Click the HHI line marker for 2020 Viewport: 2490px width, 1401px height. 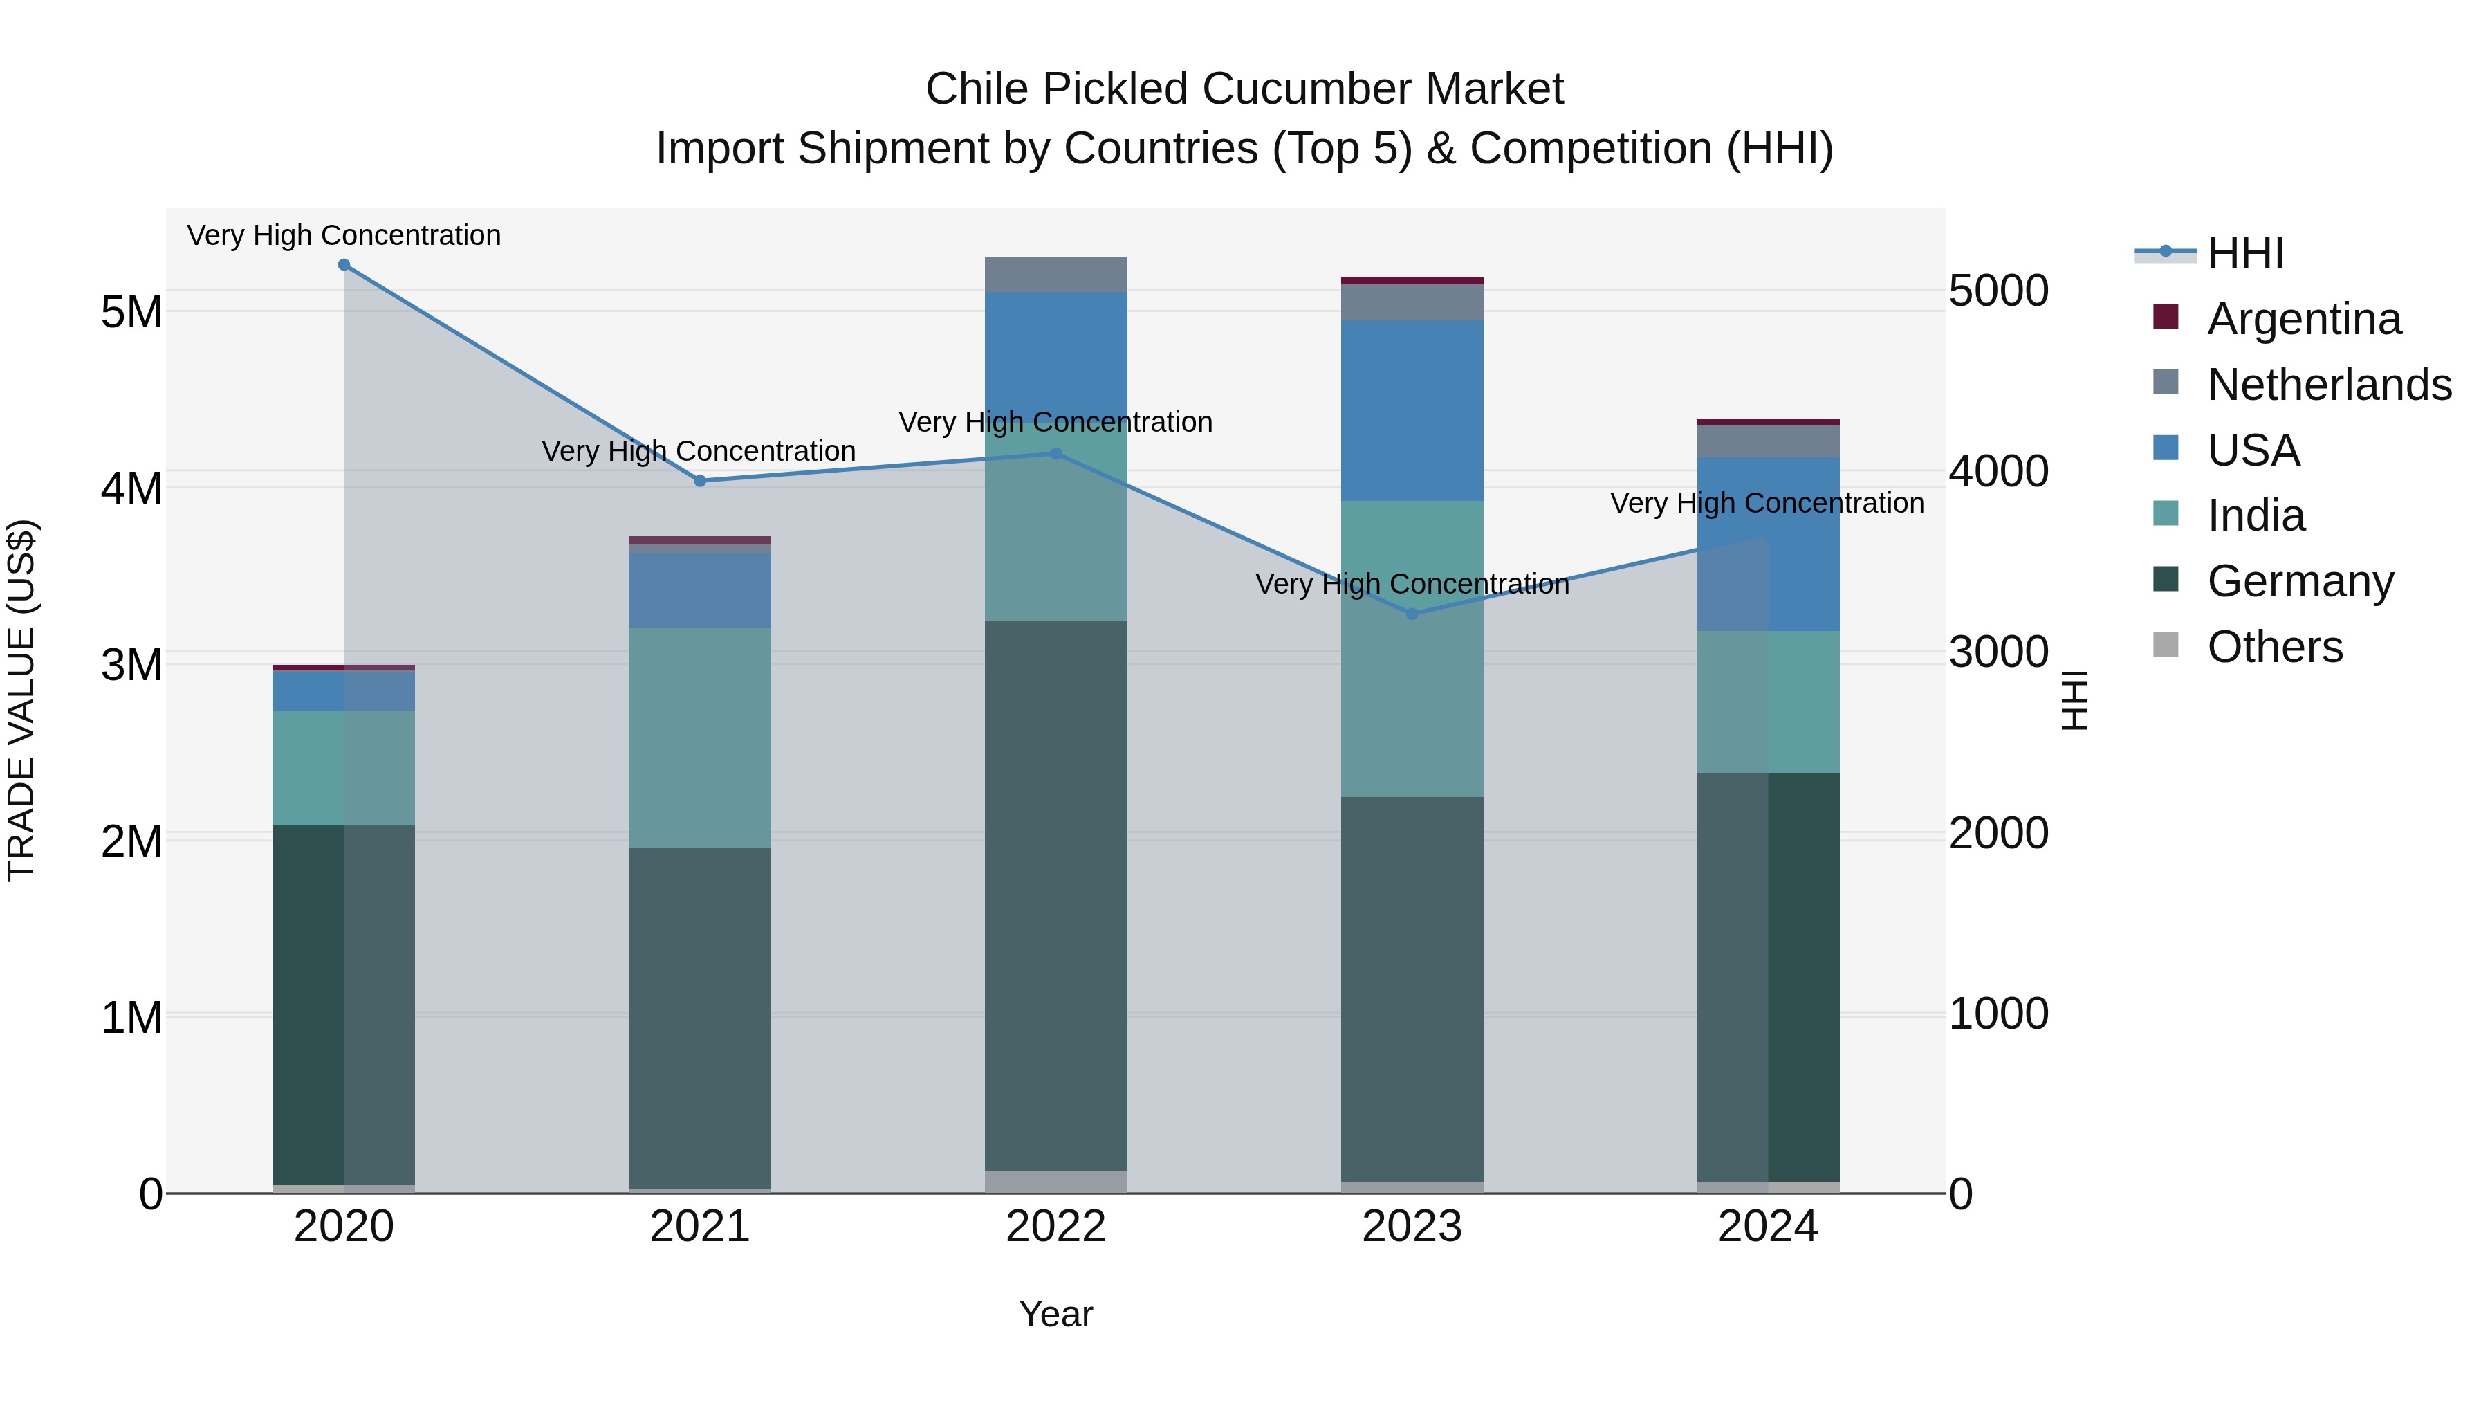click(x=344, y=265)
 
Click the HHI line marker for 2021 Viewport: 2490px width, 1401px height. click(x=700, y=481)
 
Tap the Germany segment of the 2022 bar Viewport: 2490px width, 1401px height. click(x=1055, y=895)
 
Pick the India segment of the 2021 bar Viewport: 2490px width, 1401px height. click(x=700, y=738)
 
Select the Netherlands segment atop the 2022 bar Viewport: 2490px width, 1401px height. click(x=1055, y=275)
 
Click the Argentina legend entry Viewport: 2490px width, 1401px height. click(x=2303, y=319)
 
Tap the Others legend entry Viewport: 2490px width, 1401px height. click(x=2274, y=647)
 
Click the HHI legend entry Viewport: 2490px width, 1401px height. click(x=2244, y=253)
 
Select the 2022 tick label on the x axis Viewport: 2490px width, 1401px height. click(x=1055, y=1227)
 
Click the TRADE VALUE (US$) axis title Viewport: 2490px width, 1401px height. click(x=21, y=700)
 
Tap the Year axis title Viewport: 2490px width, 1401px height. click(x=1055, y=1314)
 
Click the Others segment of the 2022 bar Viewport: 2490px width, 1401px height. click(x=1055, y=1182)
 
